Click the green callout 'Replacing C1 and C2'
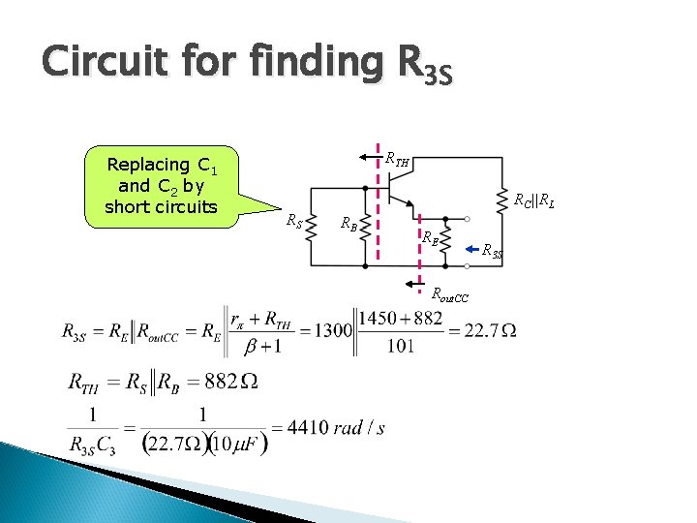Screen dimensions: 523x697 [x=161, y=185]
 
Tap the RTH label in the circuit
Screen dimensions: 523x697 [x=397, y=159]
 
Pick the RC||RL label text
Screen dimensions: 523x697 [x=533, y=201]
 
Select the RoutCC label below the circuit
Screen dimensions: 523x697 [x=451, y=294]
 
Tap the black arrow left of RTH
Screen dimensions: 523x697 [x=365, y=155]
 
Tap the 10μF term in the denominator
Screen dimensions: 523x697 [x=235, y=444]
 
